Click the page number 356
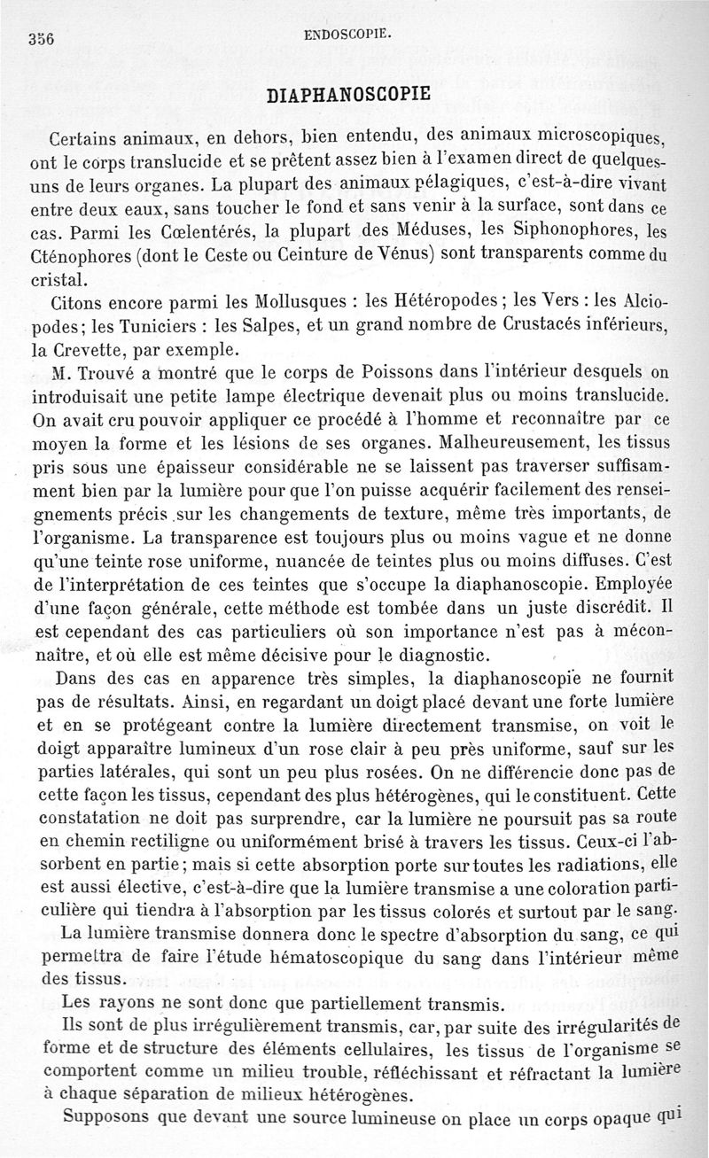tap(42, 39)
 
